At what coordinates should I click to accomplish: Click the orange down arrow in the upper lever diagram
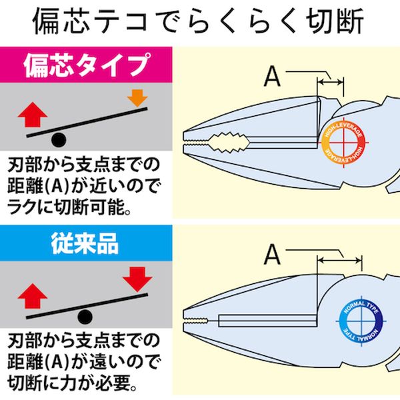(137, 97)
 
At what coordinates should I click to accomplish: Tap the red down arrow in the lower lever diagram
(137, 277)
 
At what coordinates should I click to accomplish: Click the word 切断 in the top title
(331, 23)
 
